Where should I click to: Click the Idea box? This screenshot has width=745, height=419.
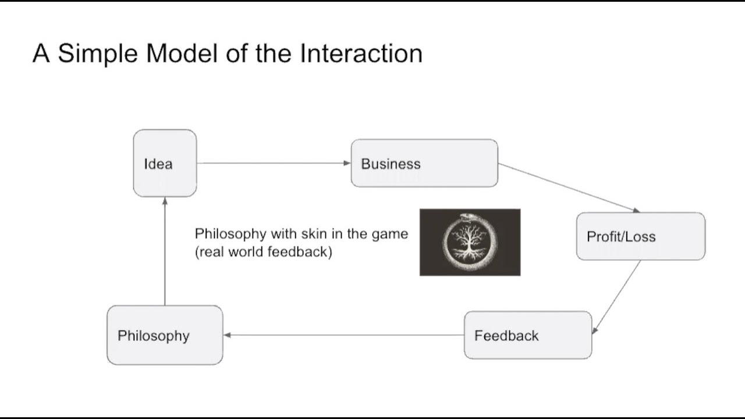pyautogui.click(x=165, y=164)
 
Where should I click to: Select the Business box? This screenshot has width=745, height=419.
pyautogui.click(x=424, y=164)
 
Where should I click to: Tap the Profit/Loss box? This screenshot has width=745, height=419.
pyautogui.click(x=640, y=236)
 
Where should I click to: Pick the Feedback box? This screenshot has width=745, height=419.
pyautogui.click(x=527, y=335)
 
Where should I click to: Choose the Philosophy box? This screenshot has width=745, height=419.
pyautogui.click(x=165, y=335)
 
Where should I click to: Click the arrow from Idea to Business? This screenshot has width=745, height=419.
pyautogui.click(x=274, y=164)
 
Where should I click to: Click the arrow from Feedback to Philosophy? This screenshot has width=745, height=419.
pyautogui.click(x=343, y=335)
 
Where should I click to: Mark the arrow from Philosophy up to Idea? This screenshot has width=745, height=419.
pyautogui.click(x=165, y=250)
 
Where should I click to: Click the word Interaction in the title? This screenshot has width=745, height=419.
pyautogui.click(x=361, y=54)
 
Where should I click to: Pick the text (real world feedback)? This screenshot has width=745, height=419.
pyautogui.click(x=263, y=253)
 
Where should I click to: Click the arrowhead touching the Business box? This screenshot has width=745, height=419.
pyautogui.click(x=347, y=164)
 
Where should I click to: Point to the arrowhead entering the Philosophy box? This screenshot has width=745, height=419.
pyautogui.click(x=228, y=335)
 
